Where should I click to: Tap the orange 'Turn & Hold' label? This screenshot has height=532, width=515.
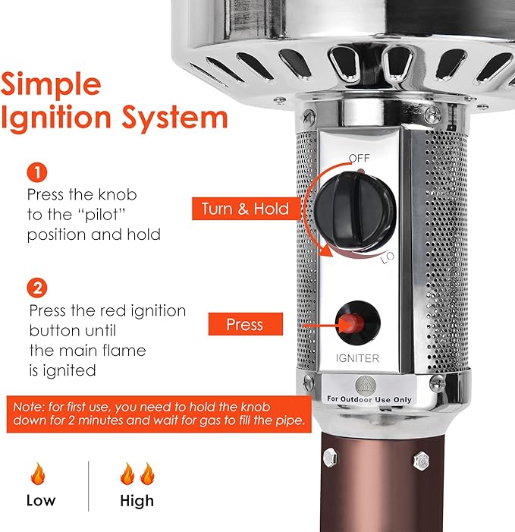pyautogui.click(x=245, y=209)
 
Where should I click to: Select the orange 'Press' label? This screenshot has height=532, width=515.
pyautogui.click(x=245, y=325)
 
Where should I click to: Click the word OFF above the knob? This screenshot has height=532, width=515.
pyautogui.click(x=360, y=159)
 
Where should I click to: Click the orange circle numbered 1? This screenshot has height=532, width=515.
pyautogui.click(x=37, y=172)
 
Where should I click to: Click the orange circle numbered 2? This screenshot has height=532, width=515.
pyautogui.click(x=37, y=288)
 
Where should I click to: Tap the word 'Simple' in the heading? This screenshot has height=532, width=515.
pyautogui.click(x=51, y=84)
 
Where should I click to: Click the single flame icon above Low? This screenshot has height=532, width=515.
pyautogui.click(x=37, y=476)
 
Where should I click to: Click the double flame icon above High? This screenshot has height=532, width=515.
pyautogui.click(x=137, y=475)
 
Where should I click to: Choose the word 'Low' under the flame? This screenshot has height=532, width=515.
pyautogui.click(x=40, y=500)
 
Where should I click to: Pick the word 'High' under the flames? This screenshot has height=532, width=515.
pyautogui.click(x=137, y=500)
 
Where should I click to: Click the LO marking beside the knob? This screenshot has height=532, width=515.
pyautogui.click(x=387, y=258)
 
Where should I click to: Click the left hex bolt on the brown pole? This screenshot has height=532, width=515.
pyautogui.click(x=331, y=458)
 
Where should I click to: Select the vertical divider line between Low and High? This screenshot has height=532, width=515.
pyautogui.click(x=89, y=486)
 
